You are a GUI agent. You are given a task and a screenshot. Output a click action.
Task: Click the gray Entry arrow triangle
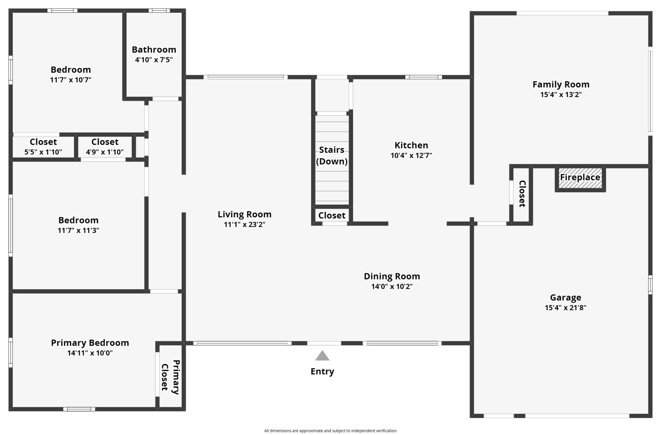pyautogui.click(x=322, y=356)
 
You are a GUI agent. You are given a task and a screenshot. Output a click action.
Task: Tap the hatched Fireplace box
pyautogui.click(x=580, y=178)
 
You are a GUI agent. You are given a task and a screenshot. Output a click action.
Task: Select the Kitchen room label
pyautogui.click(x=411, y=145)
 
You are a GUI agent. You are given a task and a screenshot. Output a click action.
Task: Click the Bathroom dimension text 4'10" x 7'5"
pyautogui.click(x=154, y=60)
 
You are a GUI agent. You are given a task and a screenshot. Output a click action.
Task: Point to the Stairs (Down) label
pyautogui.click(x=331, y=155)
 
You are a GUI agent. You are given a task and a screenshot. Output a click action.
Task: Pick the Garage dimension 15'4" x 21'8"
pyautogui.click(x=565, y=307)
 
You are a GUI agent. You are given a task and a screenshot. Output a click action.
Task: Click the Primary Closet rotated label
pyautogui.click(x=170, y=377)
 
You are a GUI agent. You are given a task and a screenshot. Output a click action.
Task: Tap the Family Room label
pyautogui.click(x=561, y=84)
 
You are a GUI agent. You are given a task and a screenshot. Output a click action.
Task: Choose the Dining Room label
pyautogui.click(x=392, y=276)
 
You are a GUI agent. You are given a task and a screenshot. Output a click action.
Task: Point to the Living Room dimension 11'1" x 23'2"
pyautogui.click(x=244, y=224)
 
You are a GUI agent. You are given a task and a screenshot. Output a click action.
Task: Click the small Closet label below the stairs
pyautogui.click(x=332, y=215)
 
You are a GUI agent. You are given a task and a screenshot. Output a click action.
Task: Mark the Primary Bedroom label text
pyautogui.click(x=90, y=343)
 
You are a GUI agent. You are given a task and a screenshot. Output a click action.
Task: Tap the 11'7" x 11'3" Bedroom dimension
pyautogui.click(x=78, y=230)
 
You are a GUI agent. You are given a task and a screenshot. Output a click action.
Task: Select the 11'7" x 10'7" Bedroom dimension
pyautogui.click(x=71, y=80)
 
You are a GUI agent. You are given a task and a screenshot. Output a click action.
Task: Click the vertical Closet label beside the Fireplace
pyautogui.click(x=522, y=194)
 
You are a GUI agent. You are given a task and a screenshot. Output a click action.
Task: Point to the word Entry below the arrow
pyautogui.click(x=322, y=371)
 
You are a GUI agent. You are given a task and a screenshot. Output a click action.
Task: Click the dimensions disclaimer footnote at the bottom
pyautogui.click(x=330, y=431)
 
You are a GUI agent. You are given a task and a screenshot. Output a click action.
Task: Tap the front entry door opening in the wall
pyautogui.click(x=324, y=343)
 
